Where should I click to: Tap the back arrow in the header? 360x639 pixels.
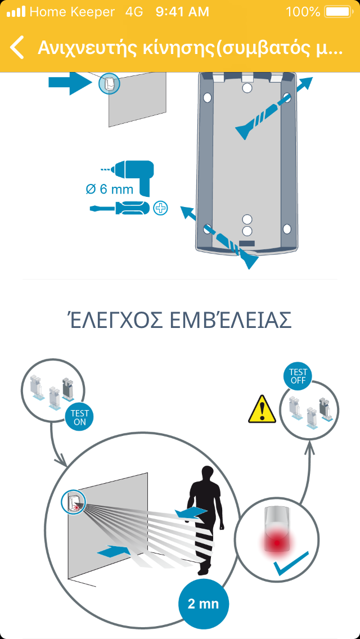17,47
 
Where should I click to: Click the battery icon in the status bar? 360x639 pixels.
339,12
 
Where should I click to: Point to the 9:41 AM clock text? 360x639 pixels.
182,12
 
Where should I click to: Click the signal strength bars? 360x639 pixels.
16,12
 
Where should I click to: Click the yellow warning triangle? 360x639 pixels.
262,409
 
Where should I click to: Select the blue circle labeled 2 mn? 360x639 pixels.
204,604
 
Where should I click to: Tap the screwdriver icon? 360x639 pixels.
120,208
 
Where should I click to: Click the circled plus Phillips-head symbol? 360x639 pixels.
161,208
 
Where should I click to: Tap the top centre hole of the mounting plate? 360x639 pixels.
247,88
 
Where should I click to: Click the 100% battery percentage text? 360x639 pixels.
303,12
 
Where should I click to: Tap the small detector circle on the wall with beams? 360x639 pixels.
73,501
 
